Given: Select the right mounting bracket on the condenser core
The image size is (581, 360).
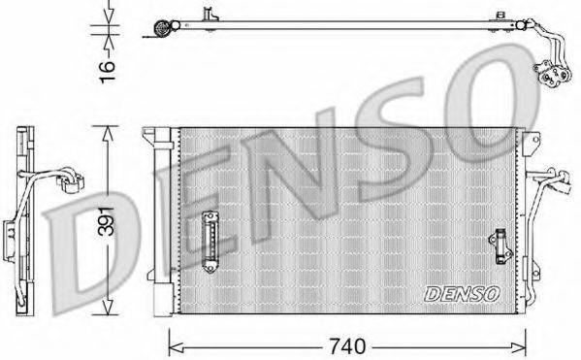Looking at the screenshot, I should coord(500,246).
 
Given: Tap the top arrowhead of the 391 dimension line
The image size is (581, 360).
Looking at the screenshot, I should coord(109,130).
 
